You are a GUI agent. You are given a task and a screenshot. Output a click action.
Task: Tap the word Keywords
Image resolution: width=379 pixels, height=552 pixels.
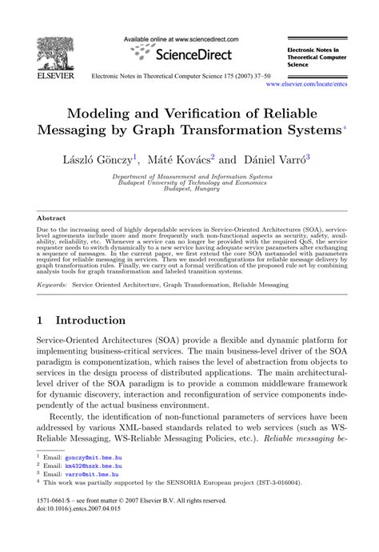[52, 285]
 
